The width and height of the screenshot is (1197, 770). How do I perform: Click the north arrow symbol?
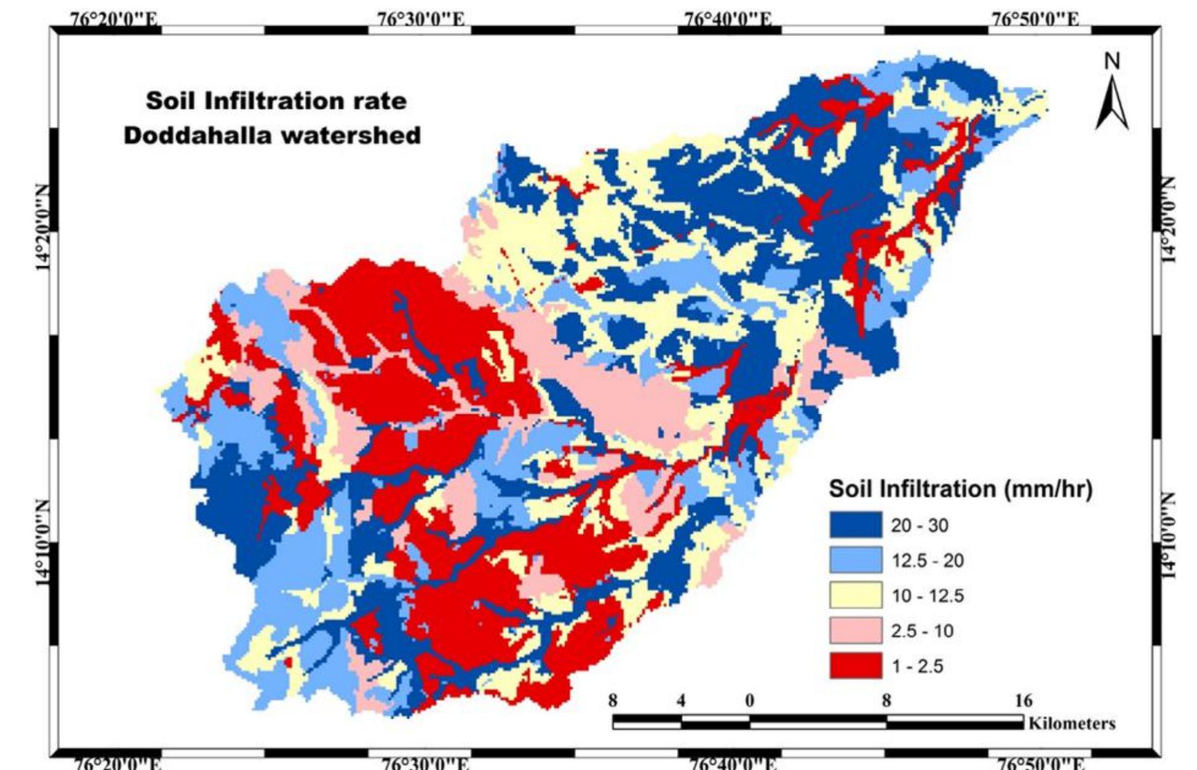point(1112,104)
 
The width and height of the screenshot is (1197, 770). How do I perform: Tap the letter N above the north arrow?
point(1113,61)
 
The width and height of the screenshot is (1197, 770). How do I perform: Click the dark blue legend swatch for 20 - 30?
point(855,525)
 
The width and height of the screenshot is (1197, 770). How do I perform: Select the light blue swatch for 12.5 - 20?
point(855,560)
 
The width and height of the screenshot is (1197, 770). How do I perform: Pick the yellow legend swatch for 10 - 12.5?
point(855,595)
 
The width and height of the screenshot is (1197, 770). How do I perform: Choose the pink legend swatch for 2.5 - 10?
point(855,631)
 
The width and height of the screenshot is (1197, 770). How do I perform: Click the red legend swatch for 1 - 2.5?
point(855,665)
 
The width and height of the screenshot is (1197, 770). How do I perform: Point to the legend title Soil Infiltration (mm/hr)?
point(959,489)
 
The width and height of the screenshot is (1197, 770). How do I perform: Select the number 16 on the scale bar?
point(1023,700)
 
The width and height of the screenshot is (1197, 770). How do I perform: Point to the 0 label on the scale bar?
point(749,700)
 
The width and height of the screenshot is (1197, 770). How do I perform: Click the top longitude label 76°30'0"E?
point(421,20)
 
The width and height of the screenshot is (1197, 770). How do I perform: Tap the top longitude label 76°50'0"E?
point(1034,20)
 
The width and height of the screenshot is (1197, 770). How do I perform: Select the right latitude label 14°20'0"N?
point(1168,220)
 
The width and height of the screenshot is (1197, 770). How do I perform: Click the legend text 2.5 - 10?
point(921,631)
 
